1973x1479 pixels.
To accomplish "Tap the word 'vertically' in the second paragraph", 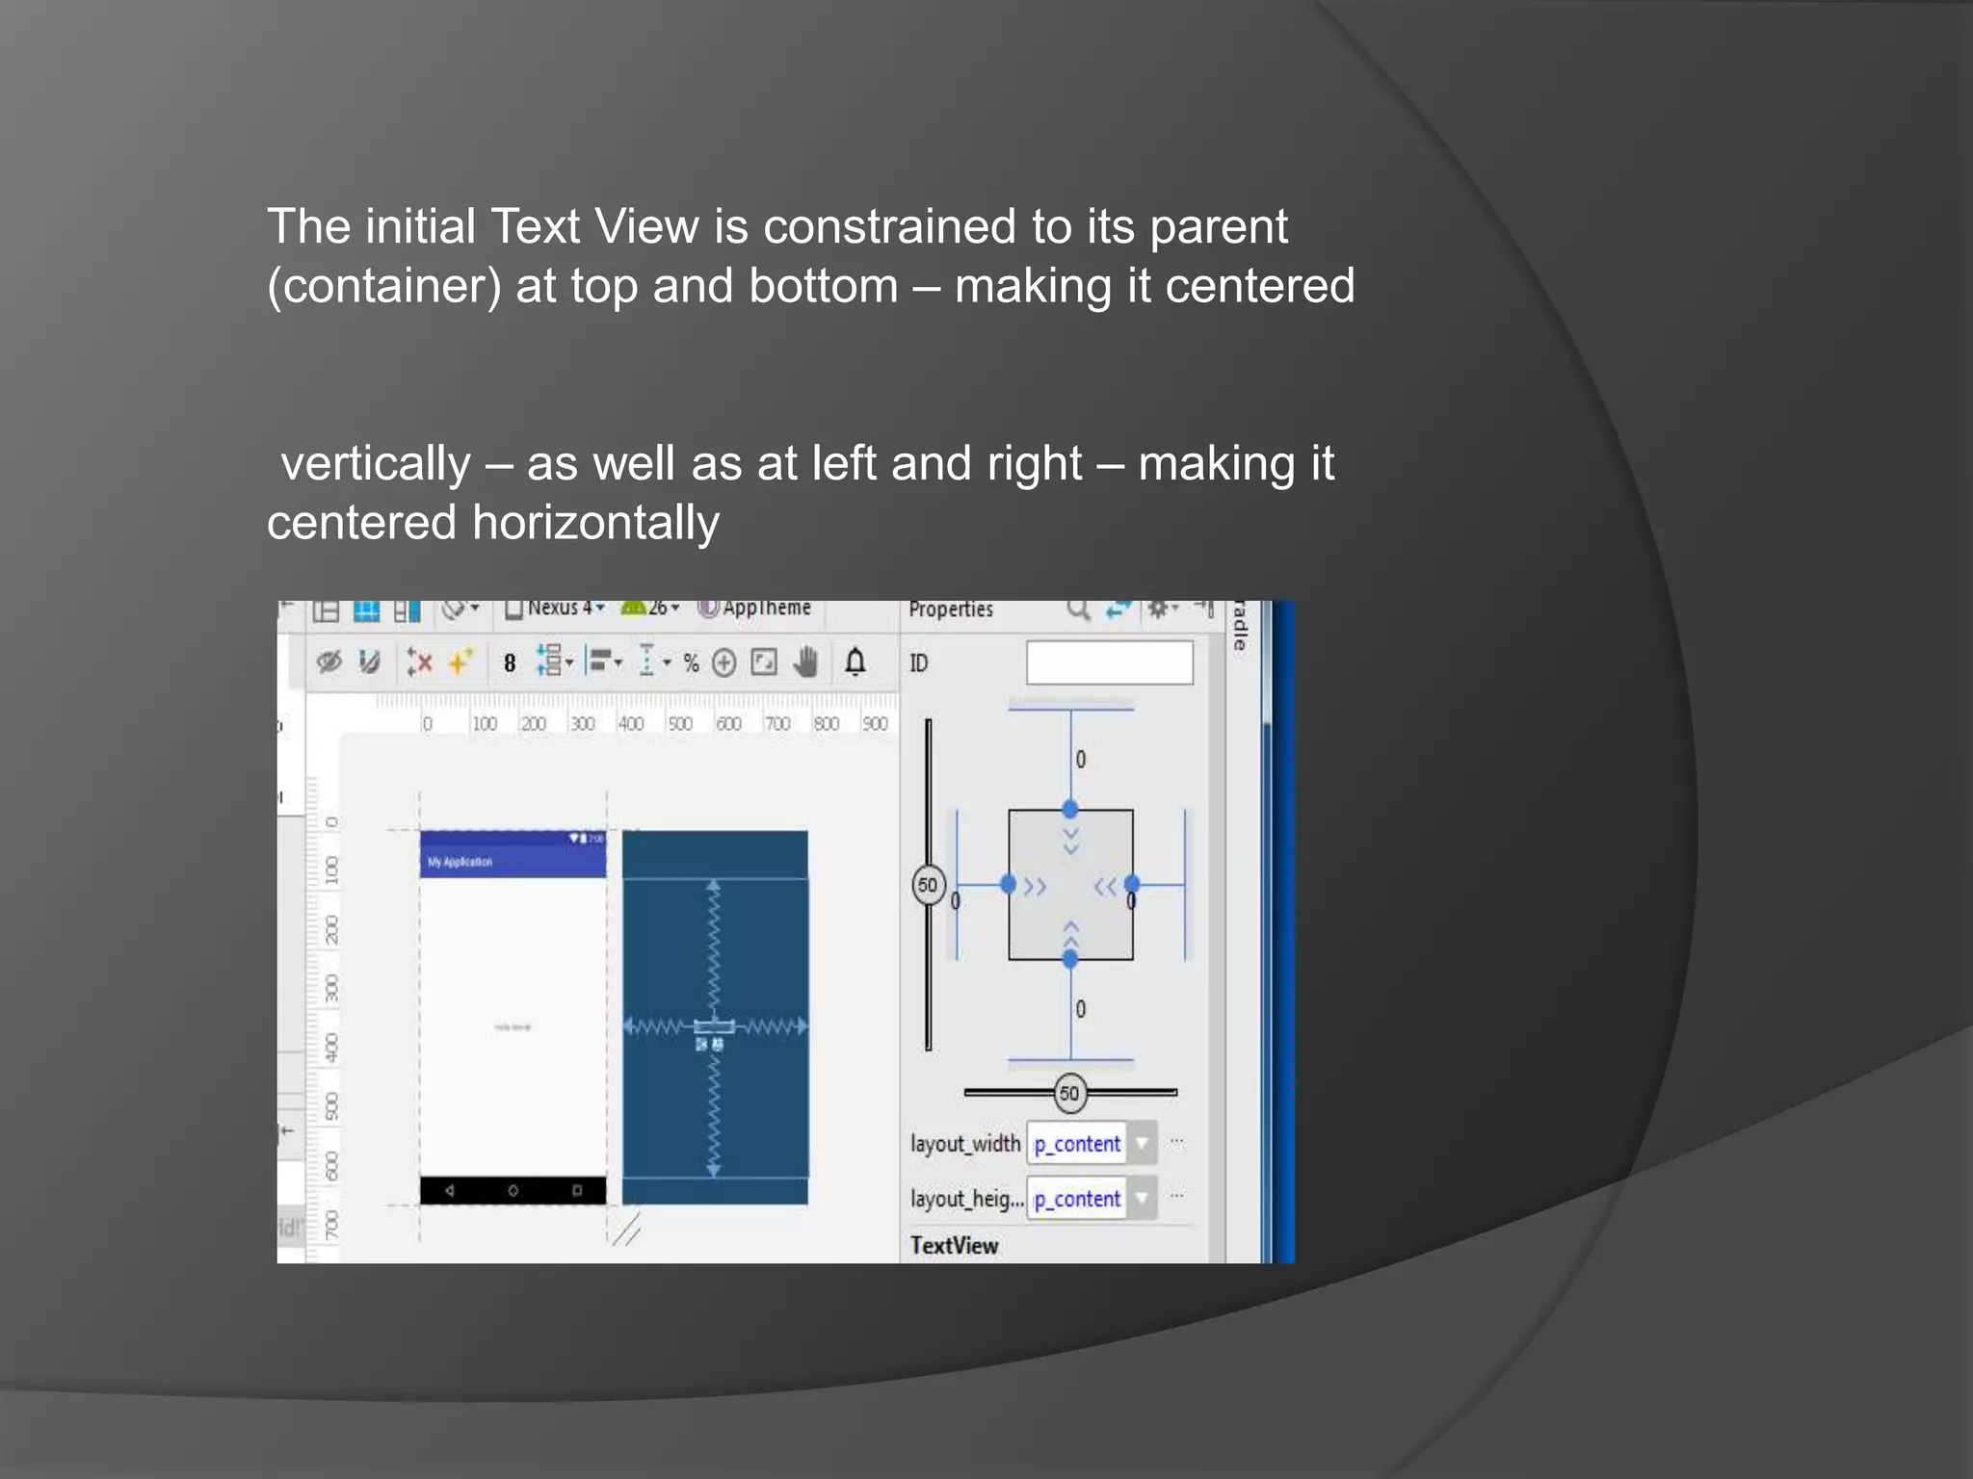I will (x=376, y=464).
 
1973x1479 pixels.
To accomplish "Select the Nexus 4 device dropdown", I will (x=558, y=609).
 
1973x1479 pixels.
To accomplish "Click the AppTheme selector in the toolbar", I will (x=755, y=609).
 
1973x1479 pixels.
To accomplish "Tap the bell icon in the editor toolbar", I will (x=855, y=662).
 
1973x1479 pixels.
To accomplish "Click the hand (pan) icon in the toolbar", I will (x=806, y=662).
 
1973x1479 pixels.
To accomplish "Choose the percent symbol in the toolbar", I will (x=691, y=663).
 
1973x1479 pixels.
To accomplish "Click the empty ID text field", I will (x=1109, y=662).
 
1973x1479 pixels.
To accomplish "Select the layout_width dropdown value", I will (x=1077, y=1144).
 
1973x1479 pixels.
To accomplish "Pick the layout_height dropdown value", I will (x=1077, y=1199).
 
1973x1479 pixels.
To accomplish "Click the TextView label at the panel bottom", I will (x=954, y=1245).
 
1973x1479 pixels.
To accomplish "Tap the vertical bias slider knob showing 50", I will (x=928, y=885).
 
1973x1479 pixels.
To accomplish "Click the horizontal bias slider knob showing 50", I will (x=1069, y=1093).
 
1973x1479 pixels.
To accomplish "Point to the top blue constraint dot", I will (x=1069, y=809).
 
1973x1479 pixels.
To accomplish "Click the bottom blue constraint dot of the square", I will (x=1069, y=959).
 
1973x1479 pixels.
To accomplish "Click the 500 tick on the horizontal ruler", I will (x=680, y=724).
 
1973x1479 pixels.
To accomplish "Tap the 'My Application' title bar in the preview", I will (x=513, y=861).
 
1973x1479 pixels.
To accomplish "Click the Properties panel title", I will (x=950, y=610).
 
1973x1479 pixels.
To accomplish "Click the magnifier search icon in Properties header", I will (x=1077, y=610).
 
